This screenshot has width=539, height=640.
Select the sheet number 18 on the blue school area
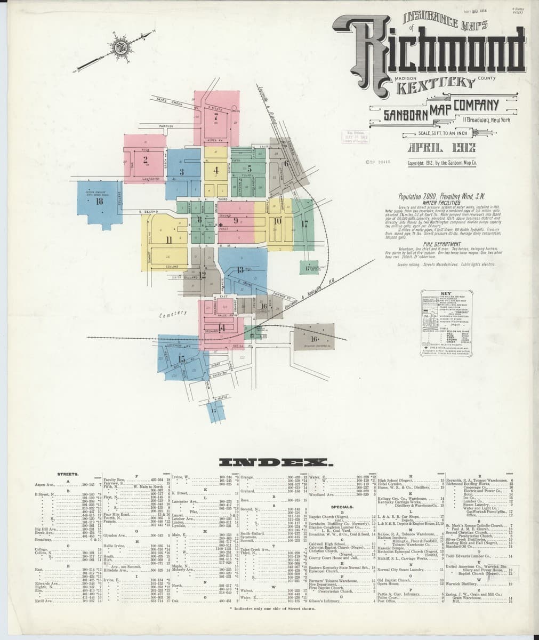pos(99,201)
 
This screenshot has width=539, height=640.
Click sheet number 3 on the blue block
pos(182,172)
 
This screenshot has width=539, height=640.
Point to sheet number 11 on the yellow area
pos(168,240)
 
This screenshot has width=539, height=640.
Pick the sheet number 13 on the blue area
pos(240,270)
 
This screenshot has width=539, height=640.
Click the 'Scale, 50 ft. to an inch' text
pos(446,133)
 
